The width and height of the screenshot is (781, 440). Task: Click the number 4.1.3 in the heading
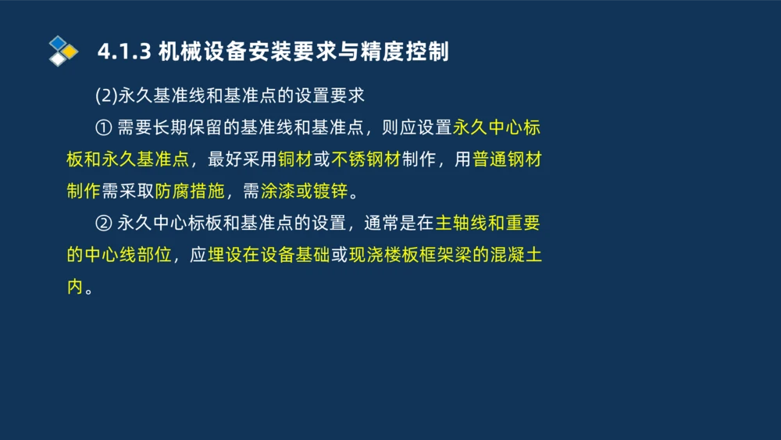[x=124, y=52]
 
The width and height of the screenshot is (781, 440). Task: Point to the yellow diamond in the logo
[x=70, y=52]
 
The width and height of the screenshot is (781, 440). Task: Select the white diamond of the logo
[x=57, y=59]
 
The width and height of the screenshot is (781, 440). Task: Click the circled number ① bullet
[x=104, y=128]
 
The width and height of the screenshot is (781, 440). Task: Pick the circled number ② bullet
[x=104, y=224]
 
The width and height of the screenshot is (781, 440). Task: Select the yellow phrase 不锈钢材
[x=366, y=160]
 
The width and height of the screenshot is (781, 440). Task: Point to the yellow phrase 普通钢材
[x=507, y=160]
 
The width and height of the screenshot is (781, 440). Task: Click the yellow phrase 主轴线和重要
[x=487, y=224]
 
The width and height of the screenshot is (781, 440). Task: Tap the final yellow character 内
[x=75, y=287]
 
